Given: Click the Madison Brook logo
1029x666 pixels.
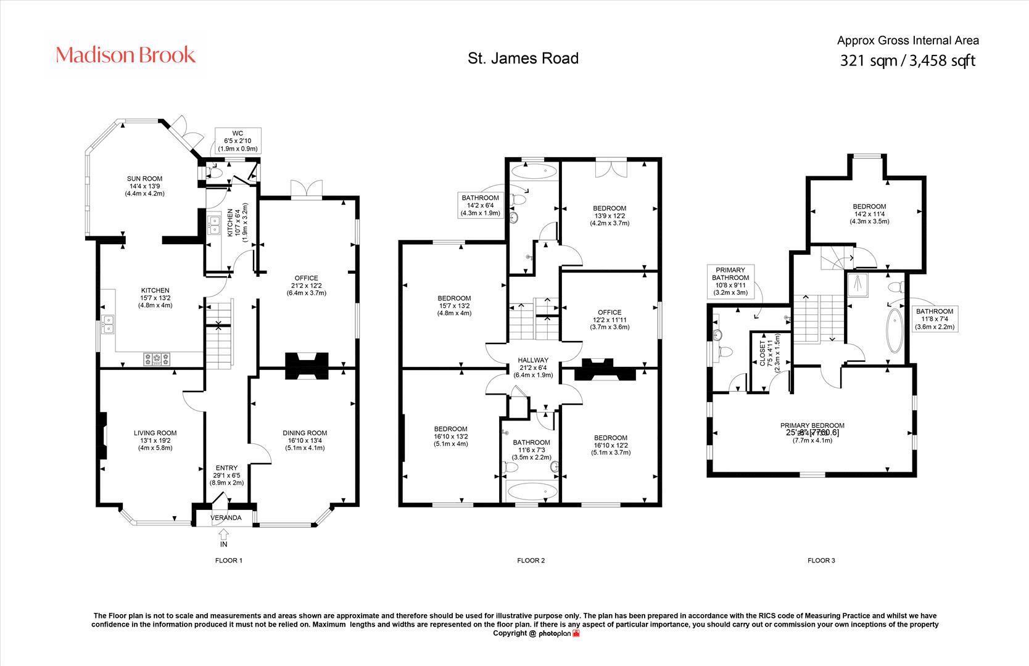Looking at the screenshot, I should pos(126,55).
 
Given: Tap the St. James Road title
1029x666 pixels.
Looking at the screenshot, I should pos(523,58).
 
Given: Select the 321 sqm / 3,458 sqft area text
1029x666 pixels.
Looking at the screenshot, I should pos(907,60).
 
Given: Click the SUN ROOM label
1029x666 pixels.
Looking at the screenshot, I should pos(145,179).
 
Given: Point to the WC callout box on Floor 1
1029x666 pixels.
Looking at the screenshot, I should pos(238,141).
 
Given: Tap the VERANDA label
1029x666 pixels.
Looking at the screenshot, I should pos(226,517).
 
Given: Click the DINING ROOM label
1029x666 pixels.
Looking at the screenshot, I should pos(305,433).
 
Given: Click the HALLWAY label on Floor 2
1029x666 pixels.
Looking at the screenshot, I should pos(533,360).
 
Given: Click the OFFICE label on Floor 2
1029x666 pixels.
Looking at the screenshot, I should pos(610,312).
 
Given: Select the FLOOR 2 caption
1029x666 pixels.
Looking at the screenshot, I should pos(531,561).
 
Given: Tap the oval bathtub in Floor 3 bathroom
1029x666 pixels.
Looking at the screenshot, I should pos(893,330).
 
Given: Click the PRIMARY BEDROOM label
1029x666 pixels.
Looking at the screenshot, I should pos(812,425).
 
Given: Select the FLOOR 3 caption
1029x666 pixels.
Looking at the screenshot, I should pos(821,561).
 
